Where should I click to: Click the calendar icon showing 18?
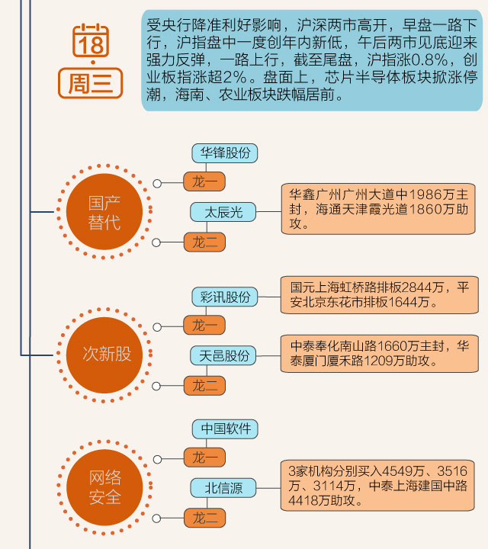click(x=91, y=41)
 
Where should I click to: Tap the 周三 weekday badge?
click(x=91, y=82)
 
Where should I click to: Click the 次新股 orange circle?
click(x=106, y=355)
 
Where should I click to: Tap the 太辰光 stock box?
click(x=223, y=212)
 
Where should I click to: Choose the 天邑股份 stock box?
click(x=224, y=355)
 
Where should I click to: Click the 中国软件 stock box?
click(x=225, y=429)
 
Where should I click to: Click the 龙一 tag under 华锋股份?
click(x=204, y=182)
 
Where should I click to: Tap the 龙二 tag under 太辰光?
click(x=204, y=242)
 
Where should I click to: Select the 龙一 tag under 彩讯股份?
click(x=204, y=326)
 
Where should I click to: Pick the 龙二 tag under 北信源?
click(x=204, y=519)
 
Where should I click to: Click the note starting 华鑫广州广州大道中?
click(x=380, y=208)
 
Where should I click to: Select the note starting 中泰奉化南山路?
click(x=380, y=352)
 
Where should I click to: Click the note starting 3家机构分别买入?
click(x=380, y=485)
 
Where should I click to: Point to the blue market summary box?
click(x=312, y=59)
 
